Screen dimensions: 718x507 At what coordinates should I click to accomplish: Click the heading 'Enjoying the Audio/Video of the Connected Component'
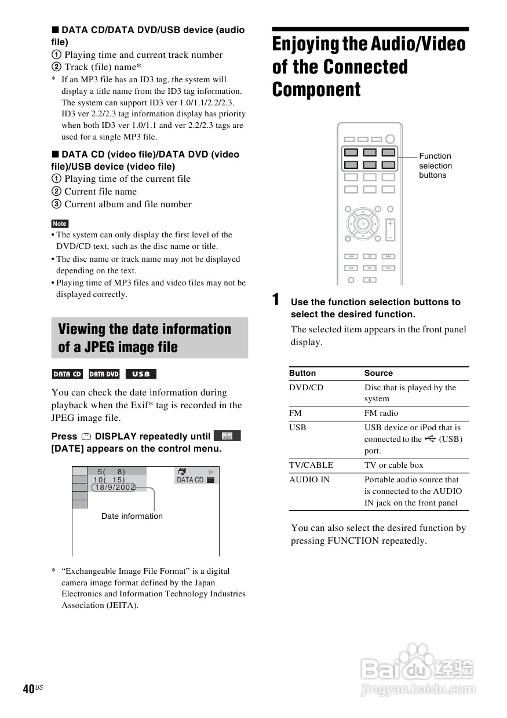click(369, 67)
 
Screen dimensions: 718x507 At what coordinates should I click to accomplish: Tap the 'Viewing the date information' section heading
click(145, 338)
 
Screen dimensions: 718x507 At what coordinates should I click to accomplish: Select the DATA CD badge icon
click(67, 374)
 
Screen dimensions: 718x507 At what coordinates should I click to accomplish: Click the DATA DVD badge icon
click(104, 374)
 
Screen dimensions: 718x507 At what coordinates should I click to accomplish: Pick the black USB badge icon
click(141, 374)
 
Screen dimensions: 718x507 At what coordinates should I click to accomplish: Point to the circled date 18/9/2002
click(114, 488)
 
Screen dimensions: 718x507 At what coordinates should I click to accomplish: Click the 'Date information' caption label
click(132, 516)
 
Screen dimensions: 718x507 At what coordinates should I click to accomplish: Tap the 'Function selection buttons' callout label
click(435, 166)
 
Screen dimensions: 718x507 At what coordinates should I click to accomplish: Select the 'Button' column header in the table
click(302, 373)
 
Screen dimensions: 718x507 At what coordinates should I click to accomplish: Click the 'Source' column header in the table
click(378, 373)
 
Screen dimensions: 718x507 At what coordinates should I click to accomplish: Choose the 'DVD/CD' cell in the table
click(306, 387)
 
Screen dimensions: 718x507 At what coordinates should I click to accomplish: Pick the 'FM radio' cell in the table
click(381, 413)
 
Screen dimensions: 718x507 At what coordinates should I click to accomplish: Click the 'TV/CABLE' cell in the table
click(311, 465)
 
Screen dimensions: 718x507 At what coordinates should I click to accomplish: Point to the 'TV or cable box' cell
click(393, 465)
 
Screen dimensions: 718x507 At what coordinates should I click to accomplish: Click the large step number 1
click(276, 300)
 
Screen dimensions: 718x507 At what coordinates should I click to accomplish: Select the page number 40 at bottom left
click(28, 688)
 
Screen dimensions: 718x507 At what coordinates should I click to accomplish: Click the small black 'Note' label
click(60, 224)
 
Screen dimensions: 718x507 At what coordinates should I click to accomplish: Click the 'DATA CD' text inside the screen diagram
click(190, 480)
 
